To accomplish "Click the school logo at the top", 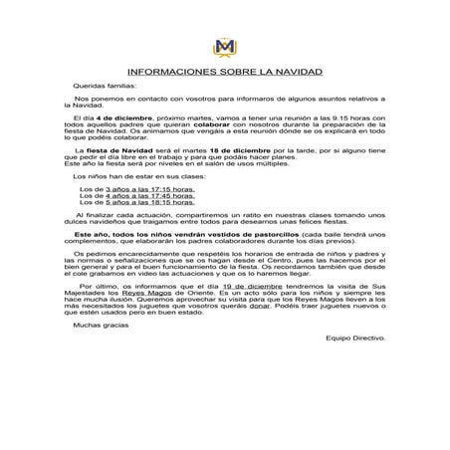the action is pyautogui.click(x=224, y=46).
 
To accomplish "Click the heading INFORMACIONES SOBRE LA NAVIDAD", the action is pyautogui.click(x=224, y=73).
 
